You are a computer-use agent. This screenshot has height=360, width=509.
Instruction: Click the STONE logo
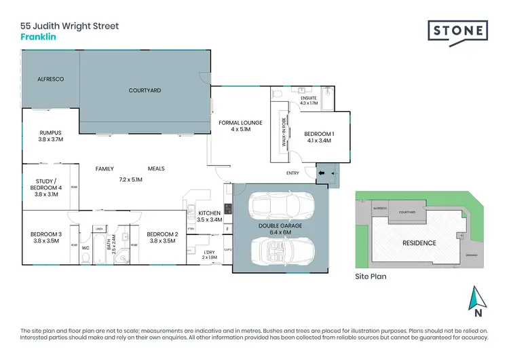tap(457, 31)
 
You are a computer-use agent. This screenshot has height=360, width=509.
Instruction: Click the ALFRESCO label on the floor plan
tap(50, 79)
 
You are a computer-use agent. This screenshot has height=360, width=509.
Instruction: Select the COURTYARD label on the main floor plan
tap(145, 90)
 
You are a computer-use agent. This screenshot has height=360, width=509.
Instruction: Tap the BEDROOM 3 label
tap(46, 238)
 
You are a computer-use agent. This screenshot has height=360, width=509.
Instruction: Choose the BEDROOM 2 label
tap(162, 238)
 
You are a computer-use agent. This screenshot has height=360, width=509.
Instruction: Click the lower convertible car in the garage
tap(279, 250)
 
